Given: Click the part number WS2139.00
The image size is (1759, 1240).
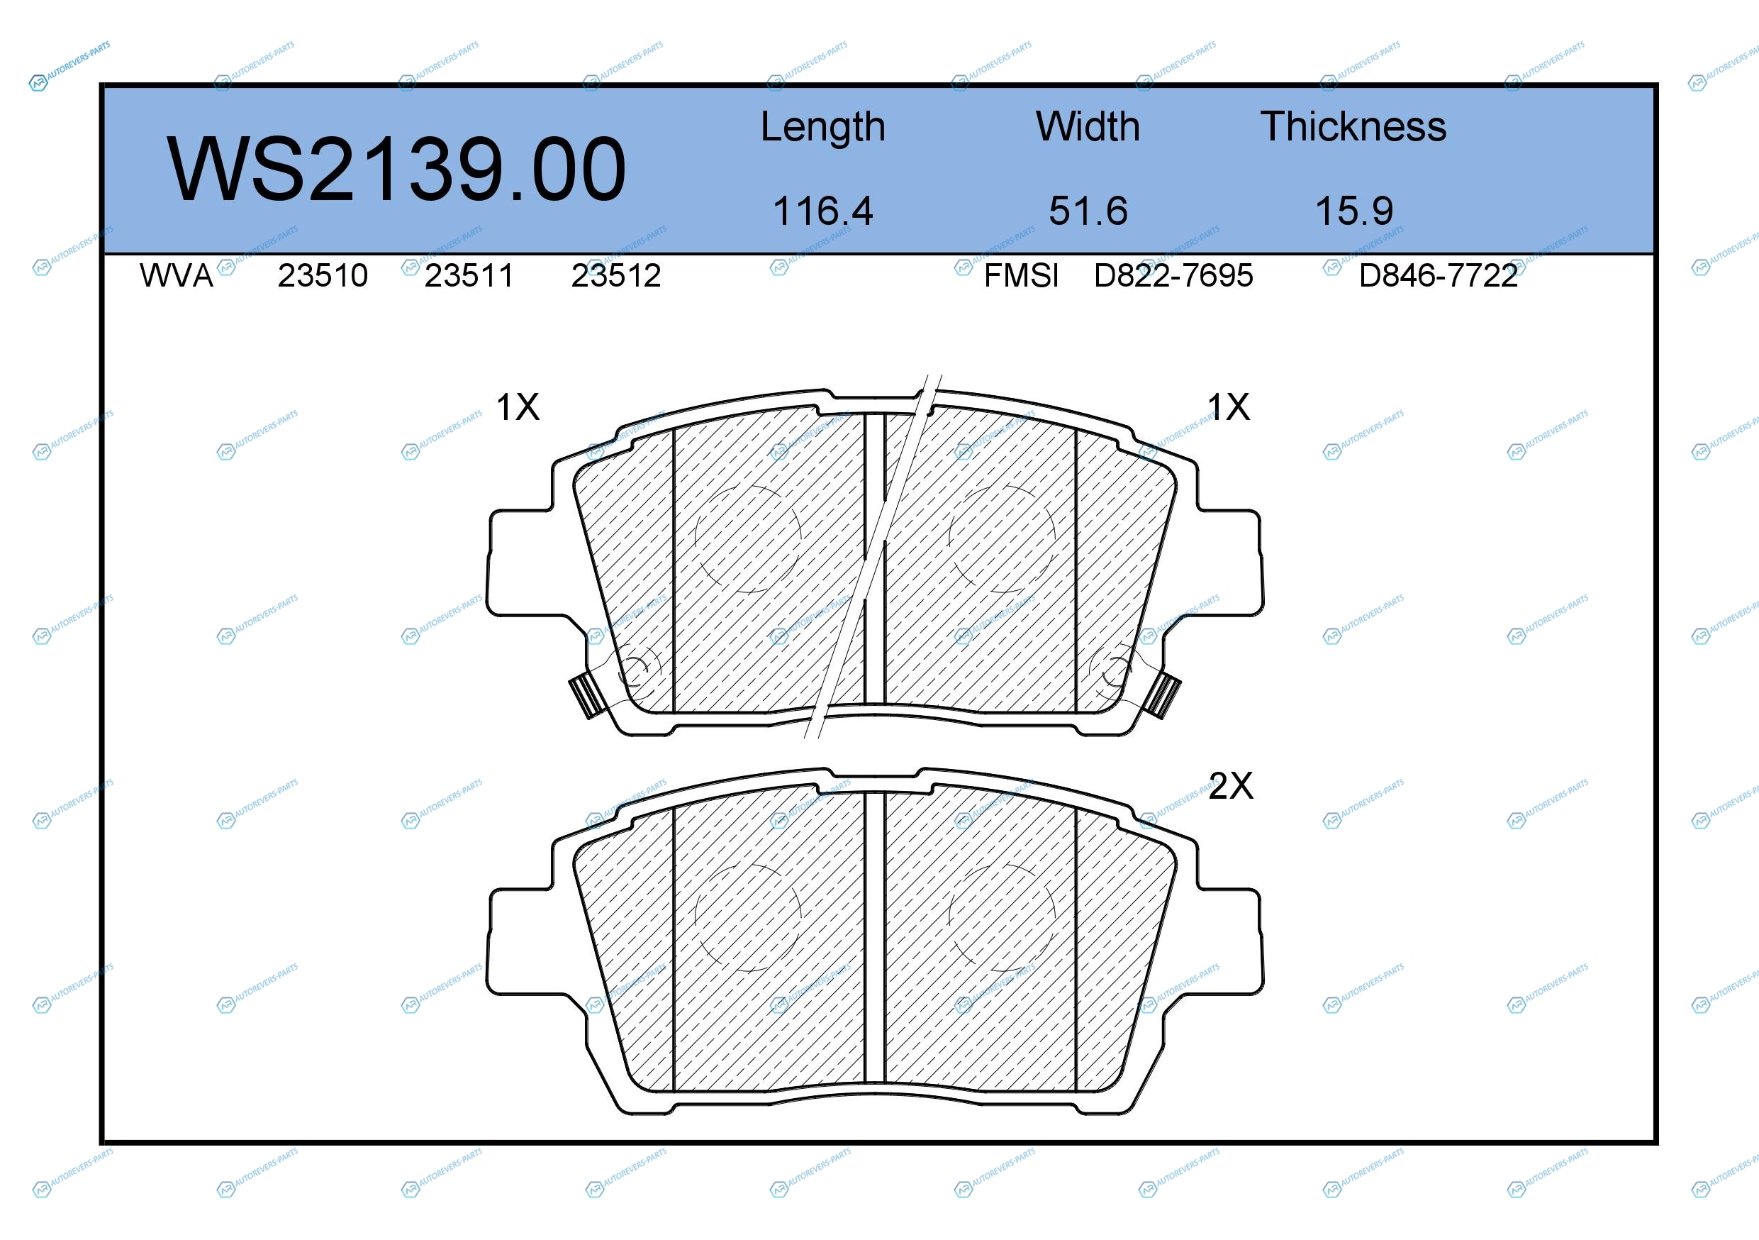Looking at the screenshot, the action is point(396,170).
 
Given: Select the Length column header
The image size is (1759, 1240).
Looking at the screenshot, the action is point(823,127).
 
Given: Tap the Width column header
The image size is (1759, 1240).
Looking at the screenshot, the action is point(1088,126).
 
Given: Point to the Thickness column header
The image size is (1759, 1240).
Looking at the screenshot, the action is point(1353,126).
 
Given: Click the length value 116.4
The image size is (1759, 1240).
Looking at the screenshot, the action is point(823,211).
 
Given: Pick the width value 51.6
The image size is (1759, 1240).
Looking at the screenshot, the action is point(1088,211).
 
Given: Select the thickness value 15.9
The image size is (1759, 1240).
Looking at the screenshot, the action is point(1353,211).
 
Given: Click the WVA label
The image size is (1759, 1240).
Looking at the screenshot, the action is point(177,276).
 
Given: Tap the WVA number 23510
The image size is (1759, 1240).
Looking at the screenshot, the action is point(323,276).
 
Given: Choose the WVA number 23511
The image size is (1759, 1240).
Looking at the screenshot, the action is point(469,276).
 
